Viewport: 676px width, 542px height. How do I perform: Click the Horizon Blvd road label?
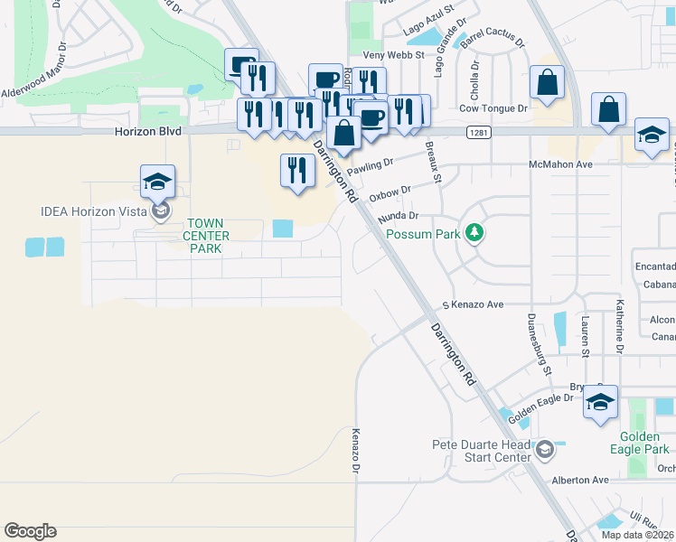tap(148, 131)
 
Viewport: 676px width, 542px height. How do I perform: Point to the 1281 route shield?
tap(479, 133)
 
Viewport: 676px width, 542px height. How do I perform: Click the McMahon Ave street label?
tap(559, 165)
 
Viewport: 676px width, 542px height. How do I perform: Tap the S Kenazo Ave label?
tap(471, 306)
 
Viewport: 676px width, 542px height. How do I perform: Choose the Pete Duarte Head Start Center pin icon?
tap(545, 449)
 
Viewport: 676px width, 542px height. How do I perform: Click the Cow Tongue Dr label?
tap(493, 108)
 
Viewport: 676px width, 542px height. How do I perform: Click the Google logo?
tap(30, 531)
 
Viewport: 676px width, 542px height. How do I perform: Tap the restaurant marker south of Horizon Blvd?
tap(296, 170)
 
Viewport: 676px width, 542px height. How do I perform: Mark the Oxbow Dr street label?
tap(390, 192)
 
